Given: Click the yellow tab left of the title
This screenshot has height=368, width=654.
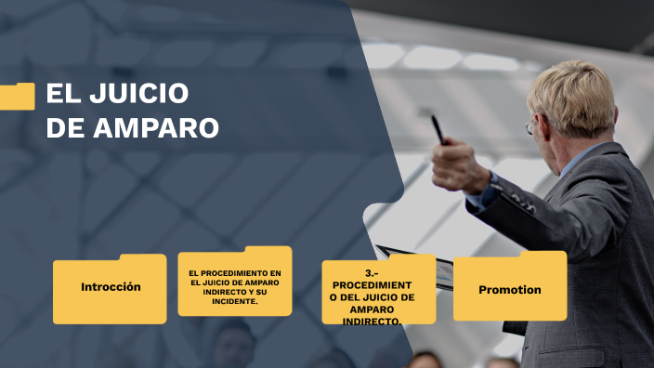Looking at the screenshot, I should pyautogui.click(x=17, y=96).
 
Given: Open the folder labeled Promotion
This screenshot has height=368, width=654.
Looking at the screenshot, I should pyautogui.click(x=510, y=287).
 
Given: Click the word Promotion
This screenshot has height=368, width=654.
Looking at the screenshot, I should pyautogui.click(x=510, y=290).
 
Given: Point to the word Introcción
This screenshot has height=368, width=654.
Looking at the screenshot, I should pyautogui.click(x=111, y=287).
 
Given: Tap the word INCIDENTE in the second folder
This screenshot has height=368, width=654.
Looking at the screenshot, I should pyautogui.click(x=235, y=301).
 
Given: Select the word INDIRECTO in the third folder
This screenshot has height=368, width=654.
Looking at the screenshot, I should pyautogui.click(x=372, y=321).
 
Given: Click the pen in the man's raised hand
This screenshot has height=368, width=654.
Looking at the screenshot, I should pyautogui.click(x=437, y=129).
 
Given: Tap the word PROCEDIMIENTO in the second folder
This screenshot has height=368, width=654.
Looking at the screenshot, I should pyautogui.click(x=222, y=273).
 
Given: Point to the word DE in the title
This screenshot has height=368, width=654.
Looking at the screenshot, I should pyautogui.click(x=65, y=128).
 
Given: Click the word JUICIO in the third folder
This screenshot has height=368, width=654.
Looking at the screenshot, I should pyautogui.click(x=390, y=296).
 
